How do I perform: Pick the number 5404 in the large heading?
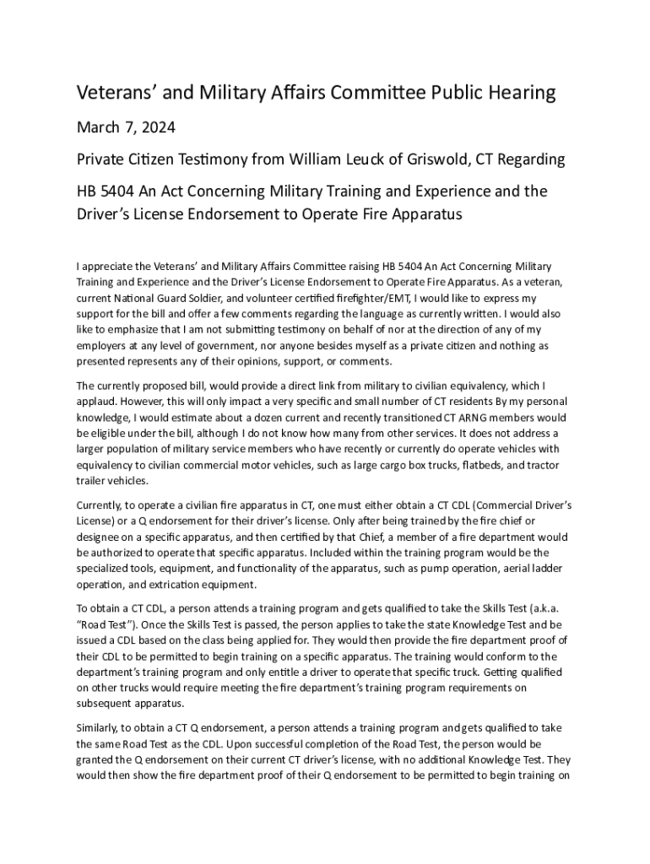pos(122,192)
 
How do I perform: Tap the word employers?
pos(107,346)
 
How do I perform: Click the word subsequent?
pos(110,705)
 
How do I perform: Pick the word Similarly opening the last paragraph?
pos(101,728)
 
